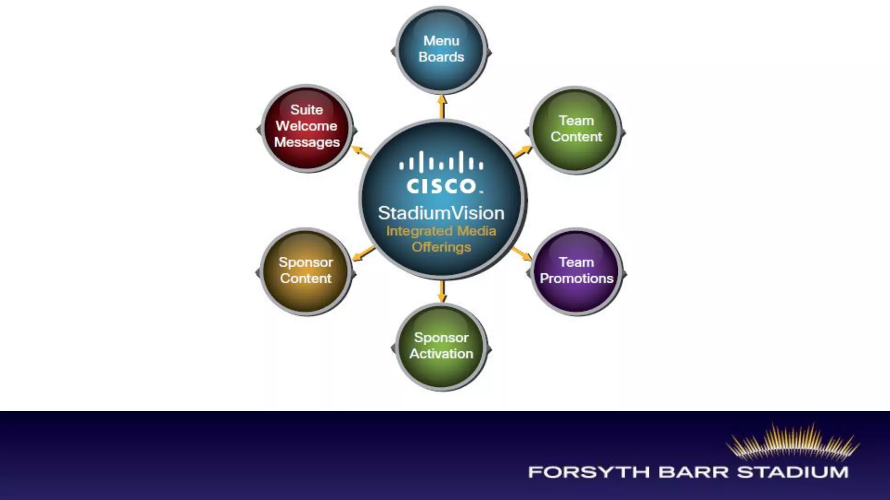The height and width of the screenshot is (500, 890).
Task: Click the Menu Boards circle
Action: point(441,50)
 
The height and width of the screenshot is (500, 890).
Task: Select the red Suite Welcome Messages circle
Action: point(307,128)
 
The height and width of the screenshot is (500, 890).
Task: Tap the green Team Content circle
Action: point(576,129)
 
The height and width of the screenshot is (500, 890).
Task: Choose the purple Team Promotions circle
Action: point(577,271)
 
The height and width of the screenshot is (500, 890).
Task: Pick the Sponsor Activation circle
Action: point(441,346)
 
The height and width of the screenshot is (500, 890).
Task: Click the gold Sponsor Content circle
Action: point(306,271)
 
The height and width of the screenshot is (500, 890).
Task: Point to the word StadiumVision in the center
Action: point(441,213)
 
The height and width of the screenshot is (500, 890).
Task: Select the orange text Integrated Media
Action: point(441,231)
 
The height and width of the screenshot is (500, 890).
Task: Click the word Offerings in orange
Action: point(441,247)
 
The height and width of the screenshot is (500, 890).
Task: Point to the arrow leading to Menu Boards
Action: point(442,106)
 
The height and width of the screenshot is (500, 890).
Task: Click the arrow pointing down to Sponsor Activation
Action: point(442,291)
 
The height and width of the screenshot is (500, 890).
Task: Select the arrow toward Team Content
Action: point(523,151)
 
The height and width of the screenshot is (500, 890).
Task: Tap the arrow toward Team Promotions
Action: point(521,253)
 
